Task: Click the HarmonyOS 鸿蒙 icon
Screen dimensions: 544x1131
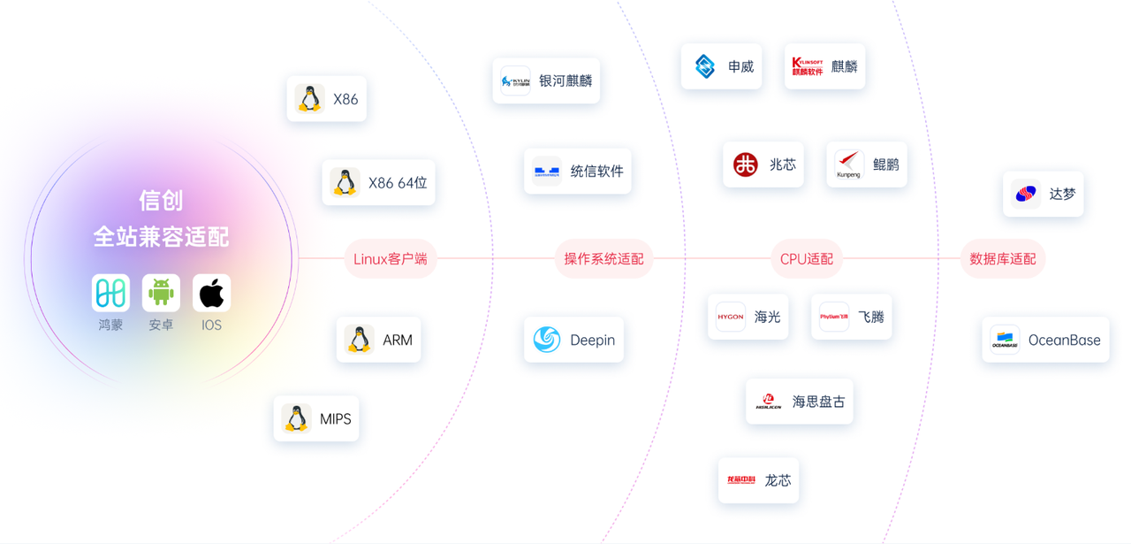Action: tap(110, 293)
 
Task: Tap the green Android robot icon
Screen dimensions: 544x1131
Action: tap(161, 293)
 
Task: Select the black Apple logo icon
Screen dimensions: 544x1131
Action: tap(211, 293)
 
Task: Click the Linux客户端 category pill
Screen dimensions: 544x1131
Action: tap(390, 259)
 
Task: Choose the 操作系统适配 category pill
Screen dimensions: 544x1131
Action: tap(604, 259)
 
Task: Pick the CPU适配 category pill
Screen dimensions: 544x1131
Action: tap(806, 259)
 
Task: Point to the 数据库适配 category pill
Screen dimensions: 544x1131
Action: tap(1002, 259)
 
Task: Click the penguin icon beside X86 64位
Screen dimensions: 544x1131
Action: tap(345, 182)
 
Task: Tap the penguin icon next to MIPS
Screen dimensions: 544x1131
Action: tap(296, 418)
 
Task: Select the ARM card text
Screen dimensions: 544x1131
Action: tap(397, 340)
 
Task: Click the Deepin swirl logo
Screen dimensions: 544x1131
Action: tap(547, 340)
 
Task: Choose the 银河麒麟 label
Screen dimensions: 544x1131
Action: tap(565, 80)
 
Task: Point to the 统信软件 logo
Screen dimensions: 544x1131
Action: tap(546, 171)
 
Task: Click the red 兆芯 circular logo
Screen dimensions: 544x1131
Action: tap(746, 165)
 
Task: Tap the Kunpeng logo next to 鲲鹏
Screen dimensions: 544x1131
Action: tap(849, 164)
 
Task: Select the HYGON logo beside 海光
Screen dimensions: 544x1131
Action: tap(731, 317)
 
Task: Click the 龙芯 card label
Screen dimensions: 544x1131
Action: tap(778, 480)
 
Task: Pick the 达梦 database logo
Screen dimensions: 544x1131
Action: tap(1027, 194)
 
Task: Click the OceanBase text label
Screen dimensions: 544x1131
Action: tap(1064, 340)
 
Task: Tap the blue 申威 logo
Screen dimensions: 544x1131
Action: tap(704, 66)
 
